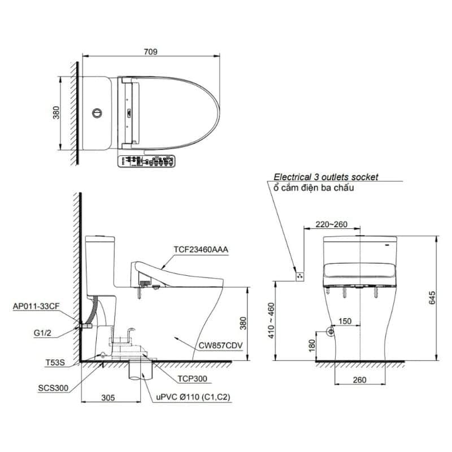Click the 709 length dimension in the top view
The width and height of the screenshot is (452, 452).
(x=151, y=52)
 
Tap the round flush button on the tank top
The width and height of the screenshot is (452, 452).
(x=97, y=113)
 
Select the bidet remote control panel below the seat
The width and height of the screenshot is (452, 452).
(x=146, y=162)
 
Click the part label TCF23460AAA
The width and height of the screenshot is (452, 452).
(x=201, y=249)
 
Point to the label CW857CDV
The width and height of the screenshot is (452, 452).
(x=220, y=345)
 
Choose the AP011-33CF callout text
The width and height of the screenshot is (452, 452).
(x=36, y=306)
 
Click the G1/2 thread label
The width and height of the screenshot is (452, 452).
(x=42, y=333)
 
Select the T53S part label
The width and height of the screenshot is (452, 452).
(x=55, y=362)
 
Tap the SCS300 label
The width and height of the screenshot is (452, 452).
(x=53, y=388)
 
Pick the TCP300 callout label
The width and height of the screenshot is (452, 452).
(x=192, y=379)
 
